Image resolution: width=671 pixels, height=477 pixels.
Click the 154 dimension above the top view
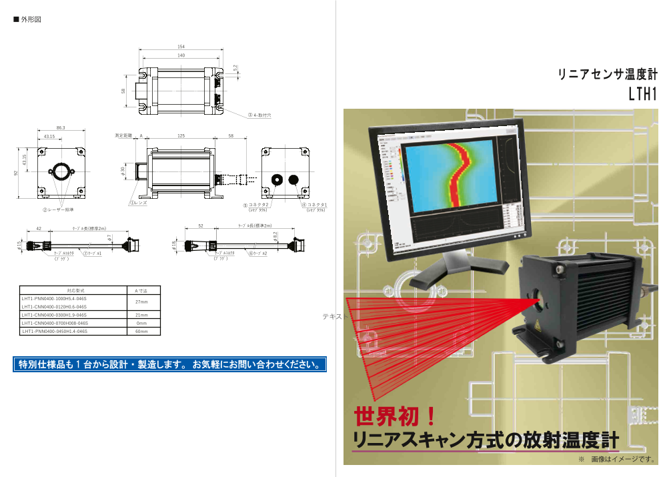pos(181,47)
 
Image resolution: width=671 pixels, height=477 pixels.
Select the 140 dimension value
pos(181,55)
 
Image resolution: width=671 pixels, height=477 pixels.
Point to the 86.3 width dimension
pos(61,127)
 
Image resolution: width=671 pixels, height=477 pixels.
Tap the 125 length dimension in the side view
pos(181,135)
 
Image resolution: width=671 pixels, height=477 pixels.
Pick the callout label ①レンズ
pos(138,202)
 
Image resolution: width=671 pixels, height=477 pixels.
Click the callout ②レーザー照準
pos(61,209)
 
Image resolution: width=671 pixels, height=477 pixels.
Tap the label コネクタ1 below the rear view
pos(315,205)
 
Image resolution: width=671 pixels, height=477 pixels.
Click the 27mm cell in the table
pos(141,302)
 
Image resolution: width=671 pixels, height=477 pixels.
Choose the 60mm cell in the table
pos(141,331)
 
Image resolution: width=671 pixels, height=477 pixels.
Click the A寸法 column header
pos(141,291)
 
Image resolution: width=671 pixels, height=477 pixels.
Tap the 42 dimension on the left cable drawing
pos(39,228)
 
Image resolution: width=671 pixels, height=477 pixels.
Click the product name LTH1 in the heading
pos(642,94)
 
